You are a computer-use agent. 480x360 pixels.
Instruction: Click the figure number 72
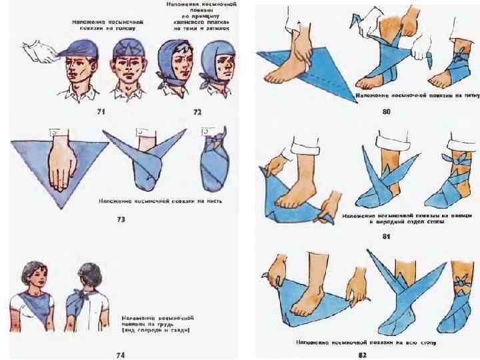(197, 113)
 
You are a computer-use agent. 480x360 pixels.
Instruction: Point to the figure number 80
(386, 113)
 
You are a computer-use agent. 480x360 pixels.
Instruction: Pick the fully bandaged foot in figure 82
(452, 307)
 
